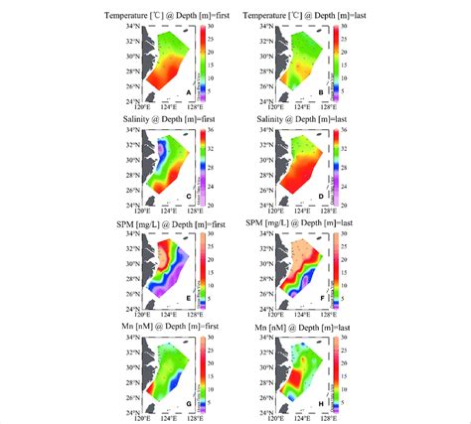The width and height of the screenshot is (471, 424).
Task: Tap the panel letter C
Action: (x=187, y=195)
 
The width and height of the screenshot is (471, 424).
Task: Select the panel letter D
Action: (x=319, y=195)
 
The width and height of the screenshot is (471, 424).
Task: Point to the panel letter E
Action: (x=187, y=297)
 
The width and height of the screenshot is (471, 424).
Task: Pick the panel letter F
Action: (x=319, y=297)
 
